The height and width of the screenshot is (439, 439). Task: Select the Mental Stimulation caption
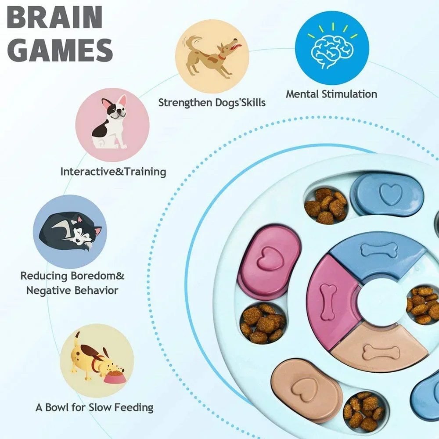pos(331,94)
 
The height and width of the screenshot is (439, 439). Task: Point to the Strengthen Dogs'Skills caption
pos(212,103)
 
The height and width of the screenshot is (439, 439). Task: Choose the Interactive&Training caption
pos(113,171)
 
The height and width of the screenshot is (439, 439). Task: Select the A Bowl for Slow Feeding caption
pos(94,407)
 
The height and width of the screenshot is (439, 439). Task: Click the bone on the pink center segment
pos(327,301)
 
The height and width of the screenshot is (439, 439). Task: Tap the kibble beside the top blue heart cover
pos(326,205)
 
